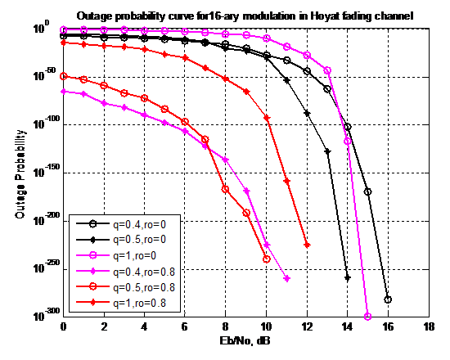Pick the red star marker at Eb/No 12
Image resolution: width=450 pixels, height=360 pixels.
point(307,245)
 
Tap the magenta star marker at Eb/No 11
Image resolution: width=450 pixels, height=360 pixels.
point(286,279)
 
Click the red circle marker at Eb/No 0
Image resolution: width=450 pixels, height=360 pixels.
point(63,76)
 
